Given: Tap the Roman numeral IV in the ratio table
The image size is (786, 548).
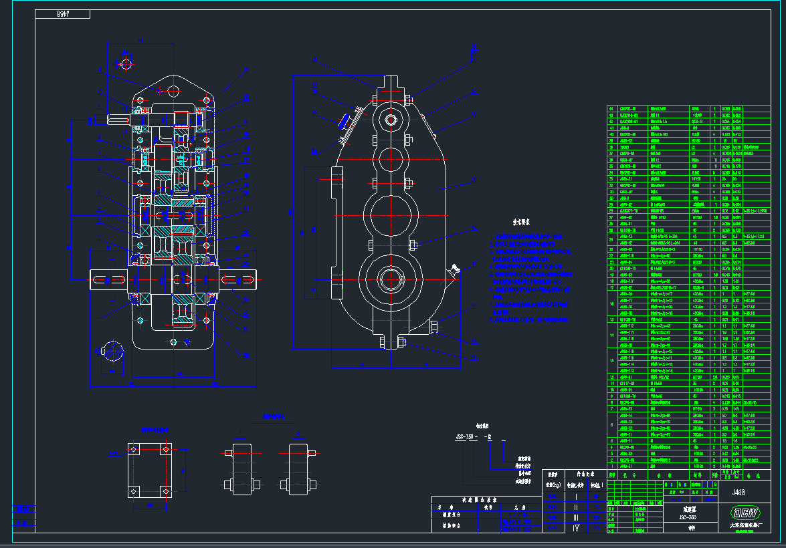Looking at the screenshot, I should click(x=576, y=528).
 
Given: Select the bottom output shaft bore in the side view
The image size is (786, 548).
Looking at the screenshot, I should click(x=391, y=276).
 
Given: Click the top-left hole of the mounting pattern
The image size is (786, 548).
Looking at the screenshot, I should click(x=134, y=449).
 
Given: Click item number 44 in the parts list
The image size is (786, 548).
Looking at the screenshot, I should click(x=611, y=108).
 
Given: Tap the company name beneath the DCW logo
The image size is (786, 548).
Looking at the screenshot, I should click(x=748, y=525).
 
